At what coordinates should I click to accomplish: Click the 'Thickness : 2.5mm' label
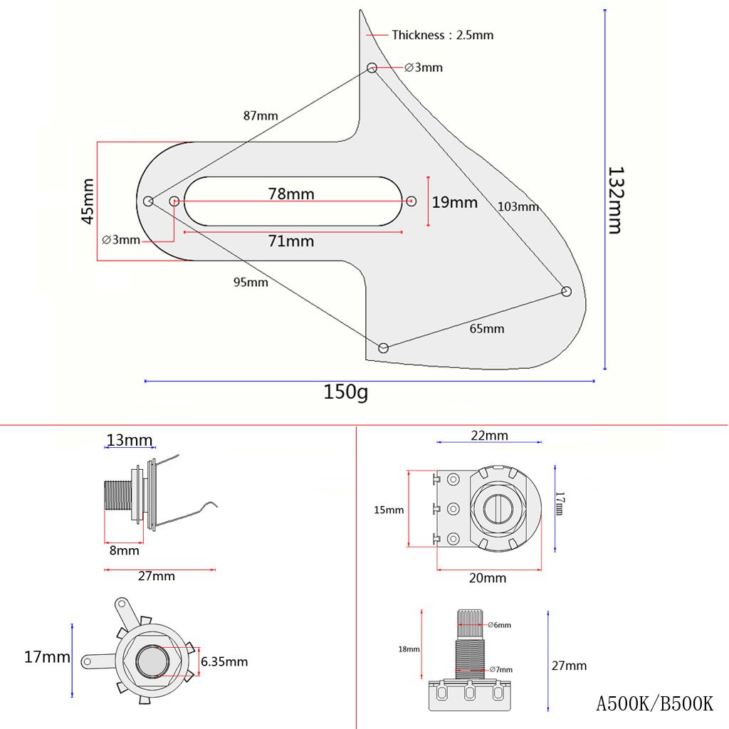[442, 35]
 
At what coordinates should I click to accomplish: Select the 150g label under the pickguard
[346, 393]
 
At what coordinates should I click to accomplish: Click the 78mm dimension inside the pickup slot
[291, 194]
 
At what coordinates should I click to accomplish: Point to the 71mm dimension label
[291, 241]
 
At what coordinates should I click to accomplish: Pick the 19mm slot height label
[455, 202]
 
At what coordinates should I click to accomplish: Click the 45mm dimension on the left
[88, 201]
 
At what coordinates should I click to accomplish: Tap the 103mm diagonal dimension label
[518, 207]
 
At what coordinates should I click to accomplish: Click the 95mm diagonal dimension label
[251, 282]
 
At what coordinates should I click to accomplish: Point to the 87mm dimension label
[261, 115]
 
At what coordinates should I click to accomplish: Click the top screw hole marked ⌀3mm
[372, 68]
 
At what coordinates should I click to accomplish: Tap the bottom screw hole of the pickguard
[384, 347]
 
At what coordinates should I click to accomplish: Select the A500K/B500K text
[654, 704]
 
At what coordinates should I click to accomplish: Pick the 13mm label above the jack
[129, 440]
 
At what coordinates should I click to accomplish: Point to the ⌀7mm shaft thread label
[500, 670]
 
